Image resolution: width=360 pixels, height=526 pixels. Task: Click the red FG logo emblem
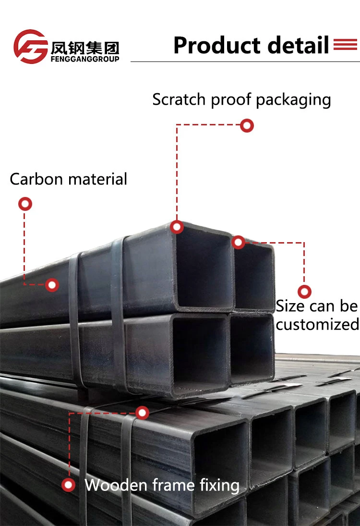(30, 47)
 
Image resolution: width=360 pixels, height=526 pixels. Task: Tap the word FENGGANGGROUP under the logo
(84, 59)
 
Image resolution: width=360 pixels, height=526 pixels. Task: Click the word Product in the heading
(217, 45)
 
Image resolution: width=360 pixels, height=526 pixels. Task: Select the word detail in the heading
(299, 45)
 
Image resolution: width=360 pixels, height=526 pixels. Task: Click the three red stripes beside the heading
(345, 45)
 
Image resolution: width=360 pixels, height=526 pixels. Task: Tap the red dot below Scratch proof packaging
(247, 126)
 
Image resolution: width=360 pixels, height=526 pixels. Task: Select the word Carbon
(36, 179)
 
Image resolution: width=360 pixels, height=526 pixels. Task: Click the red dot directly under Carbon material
(25, 204)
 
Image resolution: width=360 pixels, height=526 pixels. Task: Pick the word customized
(317, 325)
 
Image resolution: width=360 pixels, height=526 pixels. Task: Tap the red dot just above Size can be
(304, 292)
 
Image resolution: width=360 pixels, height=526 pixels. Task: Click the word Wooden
(115, 485)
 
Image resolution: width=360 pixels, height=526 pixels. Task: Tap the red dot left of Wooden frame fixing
(69, 485)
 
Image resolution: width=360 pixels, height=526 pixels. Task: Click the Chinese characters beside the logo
(84, 48)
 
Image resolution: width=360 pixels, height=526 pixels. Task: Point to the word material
(98, 179)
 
